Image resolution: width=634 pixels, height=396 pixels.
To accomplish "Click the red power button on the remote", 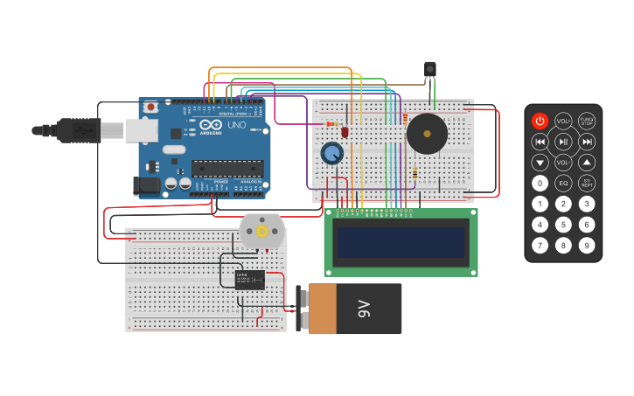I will [x=540, y=122].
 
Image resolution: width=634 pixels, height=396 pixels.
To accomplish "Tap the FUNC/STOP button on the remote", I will [x=587, y=122].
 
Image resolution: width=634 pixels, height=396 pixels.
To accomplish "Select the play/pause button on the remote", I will [x=563, y=142].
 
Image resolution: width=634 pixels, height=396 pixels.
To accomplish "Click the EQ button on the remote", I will [x=563, y=183].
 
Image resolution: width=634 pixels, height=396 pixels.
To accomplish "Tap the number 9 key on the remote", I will [x=587, y=245].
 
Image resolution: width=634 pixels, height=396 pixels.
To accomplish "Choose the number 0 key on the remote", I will [x=540, y=183].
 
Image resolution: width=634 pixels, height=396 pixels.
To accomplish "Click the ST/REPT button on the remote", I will [x=587, y=183].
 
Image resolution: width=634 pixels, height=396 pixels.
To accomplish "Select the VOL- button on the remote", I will [x=563, y=163].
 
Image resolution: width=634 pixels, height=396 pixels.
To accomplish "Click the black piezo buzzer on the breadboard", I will [x=427, y=134].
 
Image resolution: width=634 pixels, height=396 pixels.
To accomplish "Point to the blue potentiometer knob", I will [x=331, y=154].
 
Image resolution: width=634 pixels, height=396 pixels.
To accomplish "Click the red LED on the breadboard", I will [x=345, y=132].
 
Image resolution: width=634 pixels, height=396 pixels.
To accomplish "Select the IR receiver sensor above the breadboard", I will [x=429, y=68].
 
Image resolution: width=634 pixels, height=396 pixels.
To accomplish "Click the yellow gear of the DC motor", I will [x=261, y=231].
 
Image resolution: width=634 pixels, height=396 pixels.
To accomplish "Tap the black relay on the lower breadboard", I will [x=249, y=280].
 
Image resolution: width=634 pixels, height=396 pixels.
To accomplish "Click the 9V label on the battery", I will [x=364, y=309].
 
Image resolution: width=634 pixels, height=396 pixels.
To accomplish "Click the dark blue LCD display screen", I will [x=401, y=242].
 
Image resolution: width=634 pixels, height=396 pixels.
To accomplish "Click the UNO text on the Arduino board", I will [x=236, y=124].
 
